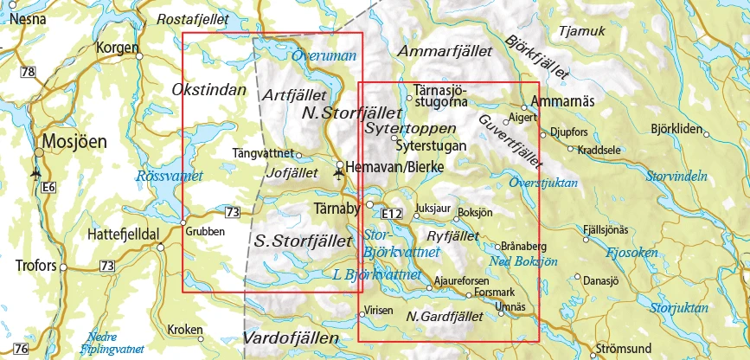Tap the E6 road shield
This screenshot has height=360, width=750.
[x=48, y=187]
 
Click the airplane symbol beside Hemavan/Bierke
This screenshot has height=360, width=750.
[x=337, y=175]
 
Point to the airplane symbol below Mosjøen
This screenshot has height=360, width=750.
[x=35, y=172]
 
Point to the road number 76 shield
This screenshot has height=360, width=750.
[x=22, y=349]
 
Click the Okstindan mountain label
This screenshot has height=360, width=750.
[x=209, y=90]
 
